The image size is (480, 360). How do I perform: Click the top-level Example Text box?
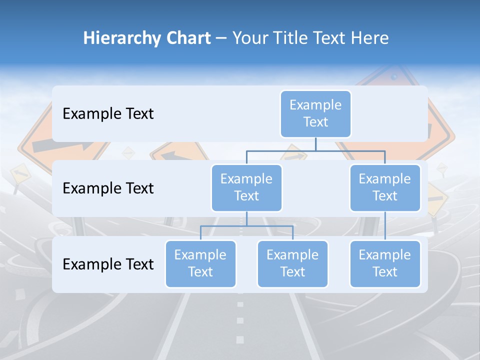(x=315, y=113)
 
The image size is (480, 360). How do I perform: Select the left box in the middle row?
(x=246, y=187)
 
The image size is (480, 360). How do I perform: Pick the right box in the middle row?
(x=385, y=187)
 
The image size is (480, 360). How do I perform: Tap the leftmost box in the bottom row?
(x=200, y=263)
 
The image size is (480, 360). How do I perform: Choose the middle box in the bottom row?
(x=292, y=263)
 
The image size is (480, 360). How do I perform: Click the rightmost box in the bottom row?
(x=385, y=263)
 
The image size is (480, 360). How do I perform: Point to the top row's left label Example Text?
(x=108, y=113)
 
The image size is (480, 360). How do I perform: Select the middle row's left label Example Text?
(x=108, y=188)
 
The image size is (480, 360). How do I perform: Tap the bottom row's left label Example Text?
(x=108, y=264)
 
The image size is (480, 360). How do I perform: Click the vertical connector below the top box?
(x=315, y=144)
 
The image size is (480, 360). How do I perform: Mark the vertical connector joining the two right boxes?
(x=385, y=225)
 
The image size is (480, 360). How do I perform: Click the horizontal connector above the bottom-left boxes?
(x=246, y=226)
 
